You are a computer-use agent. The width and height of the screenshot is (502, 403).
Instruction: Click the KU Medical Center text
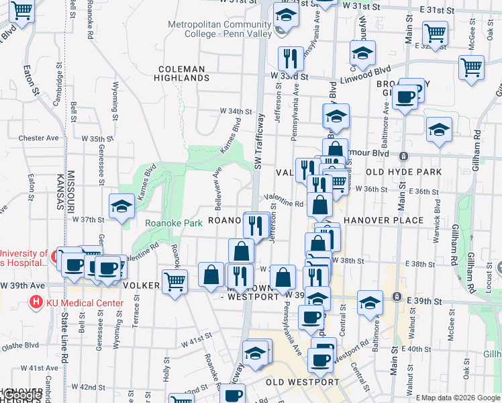(x=85, y=303)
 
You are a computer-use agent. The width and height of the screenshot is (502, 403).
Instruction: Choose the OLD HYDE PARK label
(x=403, y=172)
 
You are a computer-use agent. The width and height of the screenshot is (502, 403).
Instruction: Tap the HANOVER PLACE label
(x=383, y=220)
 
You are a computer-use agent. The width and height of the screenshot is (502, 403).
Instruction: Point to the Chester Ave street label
(x=39, y=138)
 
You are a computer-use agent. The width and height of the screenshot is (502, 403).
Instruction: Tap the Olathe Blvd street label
(x=20, y=347)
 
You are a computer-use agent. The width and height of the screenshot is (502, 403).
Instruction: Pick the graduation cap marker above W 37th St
(x=122, y=206)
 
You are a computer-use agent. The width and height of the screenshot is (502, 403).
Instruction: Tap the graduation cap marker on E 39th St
(x=370, y=302)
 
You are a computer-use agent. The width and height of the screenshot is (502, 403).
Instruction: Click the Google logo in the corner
(x=21, y=396)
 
